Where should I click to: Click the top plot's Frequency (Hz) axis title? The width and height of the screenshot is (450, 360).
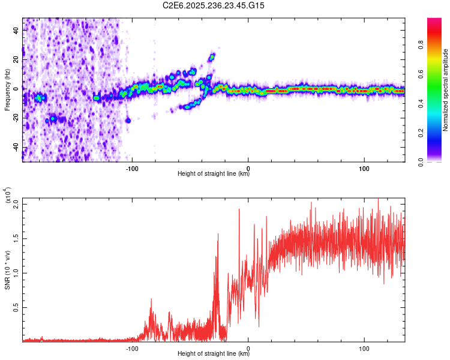click(x=7, y=90)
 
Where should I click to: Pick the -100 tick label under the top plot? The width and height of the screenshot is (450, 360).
click(x=132, y=167)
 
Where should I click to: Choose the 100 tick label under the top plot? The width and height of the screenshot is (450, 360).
click(x=364, y=167)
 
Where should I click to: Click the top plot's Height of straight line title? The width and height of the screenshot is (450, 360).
click(x=214, y=174)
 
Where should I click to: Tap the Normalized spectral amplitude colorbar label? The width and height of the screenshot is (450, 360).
click(x=446, y=90)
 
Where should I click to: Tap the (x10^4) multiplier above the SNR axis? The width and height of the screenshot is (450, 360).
click(x=8, y=195)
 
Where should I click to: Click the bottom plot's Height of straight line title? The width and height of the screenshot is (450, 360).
click(x=214, y=355)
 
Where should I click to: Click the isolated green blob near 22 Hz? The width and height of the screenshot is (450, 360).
click(x=212, y=57)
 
